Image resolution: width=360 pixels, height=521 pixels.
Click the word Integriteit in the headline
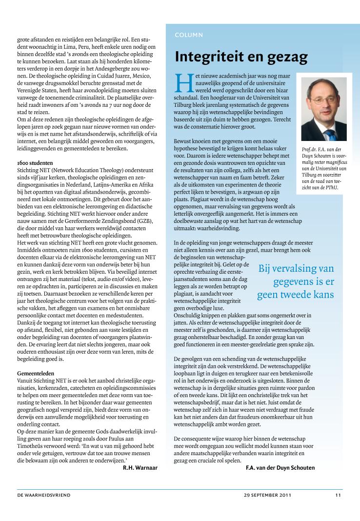tap(210, 57)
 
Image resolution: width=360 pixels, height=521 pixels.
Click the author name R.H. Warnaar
tap(140, 468)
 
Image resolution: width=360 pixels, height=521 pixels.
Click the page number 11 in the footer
tap(338, 495)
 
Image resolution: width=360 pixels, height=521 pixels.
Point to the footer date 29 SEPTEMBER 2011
tap(267, 495)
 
